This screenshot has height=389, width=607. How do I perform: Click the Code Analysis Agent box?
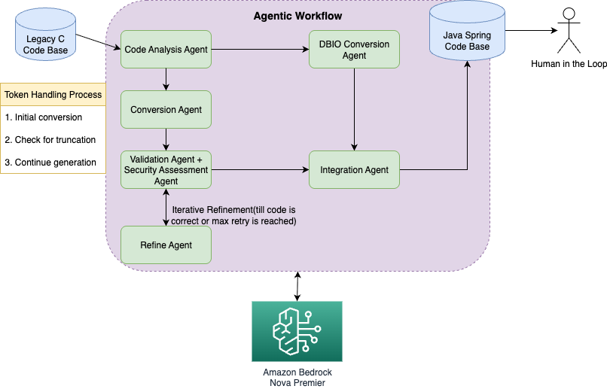click(x=166, y=50)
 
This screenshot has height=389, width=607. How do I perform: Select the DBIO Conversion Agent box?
click(x=354, y=50)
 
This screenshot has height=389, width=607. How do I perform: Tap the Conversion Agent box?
click(x=166, y=110)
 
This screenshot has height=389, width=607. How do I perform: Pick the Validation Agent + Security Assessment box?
click(x=166, y=170)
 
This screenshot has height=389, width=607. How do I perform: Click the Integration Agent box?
click(x=354, y=170)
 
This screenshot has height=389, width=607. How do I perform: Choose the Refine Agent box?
click(x=166, y=245)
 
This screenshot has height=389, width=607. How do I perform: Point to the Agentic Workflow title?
click(x=297, y=16)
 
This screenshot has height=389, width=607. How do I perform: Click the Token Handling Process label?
click(x=53, y=95)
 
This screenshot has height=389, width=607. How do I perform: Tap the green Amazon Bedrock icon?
click(x=297, y=331)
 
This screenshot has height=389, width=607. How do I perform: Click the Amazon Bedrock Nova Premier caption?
click(x=297, y=377)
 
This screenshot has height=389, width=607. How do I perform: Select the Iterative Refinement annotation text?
click(x=233, y=215)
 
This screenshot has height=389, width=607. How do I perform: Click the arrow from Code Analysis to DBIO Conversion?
click(x=260, y=50)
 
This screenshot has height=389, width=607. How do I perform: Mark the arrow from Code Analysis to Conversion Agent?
click(x=166, y=80)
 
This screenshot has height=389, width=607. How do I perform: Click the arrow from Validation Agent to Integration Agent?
click(x=260, y=170)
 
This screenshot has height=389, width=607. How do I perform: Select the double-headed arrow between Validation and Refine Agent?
click(x=166, y=207)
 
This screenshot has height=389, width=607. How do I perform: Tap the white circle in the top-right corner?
click(x=569, y=14)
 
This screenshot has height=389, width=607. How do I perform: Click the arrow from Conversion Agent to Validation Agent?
click(x=166, y=140)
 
